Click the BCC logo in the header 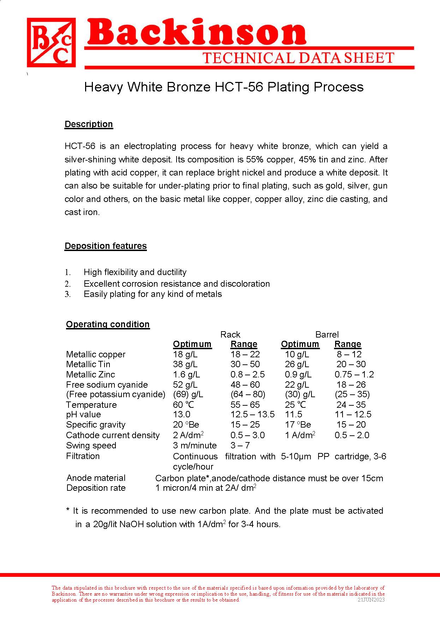tap(52, 43)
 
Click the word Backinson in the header tap(196, 32)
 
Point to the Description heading tap(89, 124)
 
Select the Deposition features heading tap(106, 246)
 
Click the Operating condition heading tap(108, 324)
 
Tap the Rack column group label tap(230, 334)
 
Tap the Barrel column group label tap(327, 334)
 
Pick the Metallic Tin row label tap(88, 364)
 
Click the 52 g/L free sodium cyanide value tap(185, 385)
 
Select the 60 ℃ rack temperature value tap(183, 405)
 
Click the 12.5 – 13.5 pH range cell tap(252, 415)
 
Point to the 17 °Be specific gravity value tap(298, 425)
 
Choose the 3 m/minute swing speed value tap(195, 446)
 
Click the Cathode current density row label tap(113, 435)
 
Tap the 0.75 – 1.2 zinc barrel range tap(354, 375)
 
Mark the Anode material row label tap(96, 478)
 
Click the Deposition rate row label tap(96, 488)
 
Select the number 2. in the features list tap(68, 284)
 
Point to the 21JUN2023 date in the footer tap(371, 600)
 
